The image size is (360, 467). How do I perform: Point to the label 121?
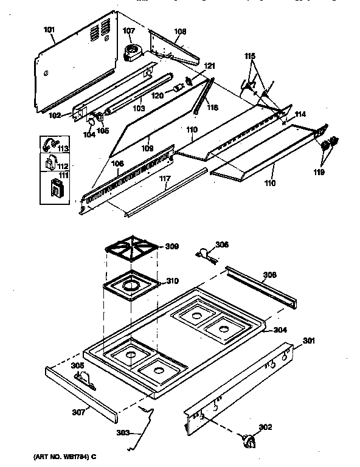pyautogui.click(x=209, y=65)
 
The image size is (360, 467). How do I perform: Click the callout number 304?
pyautogui.click(x=280, y=331)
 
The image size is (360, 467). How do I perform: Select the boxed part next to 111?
pyautogui.click(x=54, y=189)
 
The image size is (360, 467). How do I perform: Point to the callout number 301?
pyautogui.click(x=309, y=341)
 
